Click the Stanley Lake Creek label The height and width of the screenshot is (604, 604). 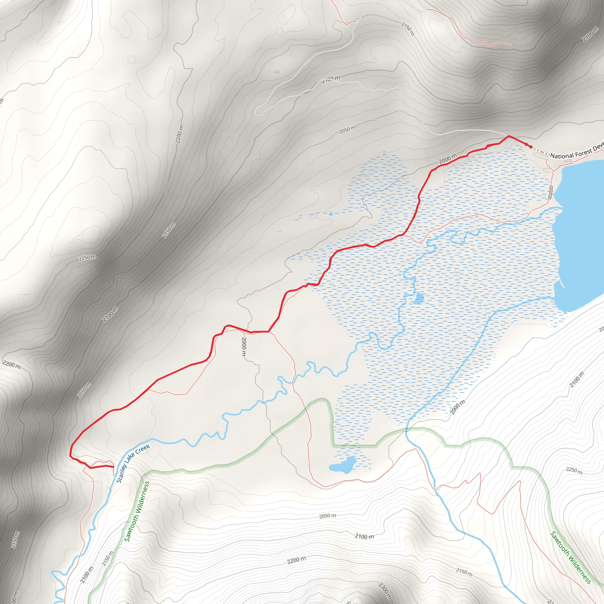[133, 464]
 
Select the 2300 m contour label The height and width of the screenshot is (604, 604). [385, 590]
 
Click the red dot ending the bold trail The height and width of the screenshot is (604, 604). [531, 147]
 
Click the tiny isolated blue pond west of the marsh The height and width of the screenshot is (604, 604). [331, 214]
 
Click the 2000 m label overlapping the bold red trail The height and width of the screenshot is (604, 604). [448, 159]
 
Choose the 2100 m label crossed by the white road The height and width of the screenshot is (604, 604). [331, 79]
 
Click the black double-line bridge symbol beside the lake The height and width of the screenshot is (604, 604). [551, 192]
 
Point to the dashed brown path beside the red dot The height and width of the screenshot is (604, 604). [541, 152]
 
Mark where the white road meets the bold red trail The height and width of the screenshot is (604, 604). [508, 136]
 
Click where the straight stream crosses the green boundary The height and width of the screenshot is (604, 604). [406, 431]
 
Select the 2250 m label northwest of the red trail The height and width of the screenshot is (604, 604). [87, 258]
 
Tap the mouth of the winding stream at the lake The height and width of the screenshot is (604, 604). [561, 208]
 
